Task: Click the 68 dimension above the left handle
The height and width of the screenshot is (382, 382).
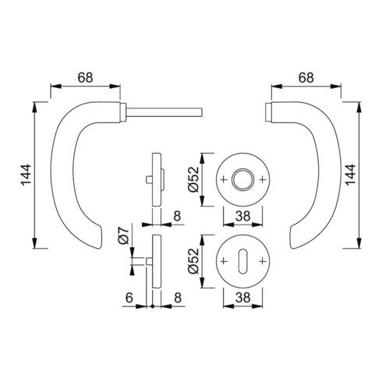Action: (85, 77)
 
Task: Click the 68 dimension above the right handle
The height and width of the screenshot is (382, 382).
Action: (306, 77)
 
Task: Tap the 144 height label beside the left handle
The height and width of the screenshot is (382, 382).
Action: (26, 175)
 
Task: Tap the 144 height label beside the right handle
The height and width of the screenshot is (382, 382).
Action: (350, 175)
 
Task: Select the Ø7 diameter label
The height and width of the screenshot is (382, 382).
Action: (123, 235)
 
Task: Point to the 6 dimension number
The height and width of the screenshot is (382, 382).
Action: (129, 298)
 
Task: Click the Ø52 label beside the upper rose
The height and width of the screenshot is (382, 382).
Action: (194, 179)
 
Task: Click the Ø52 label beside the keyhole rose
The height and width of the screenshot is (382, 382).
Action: (194, 261)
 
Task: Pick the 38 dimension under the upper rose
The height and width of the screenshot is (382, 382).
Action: (242, 216)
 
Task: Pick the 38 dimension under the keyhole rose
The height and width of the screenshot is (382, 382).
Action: (242, 298)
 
